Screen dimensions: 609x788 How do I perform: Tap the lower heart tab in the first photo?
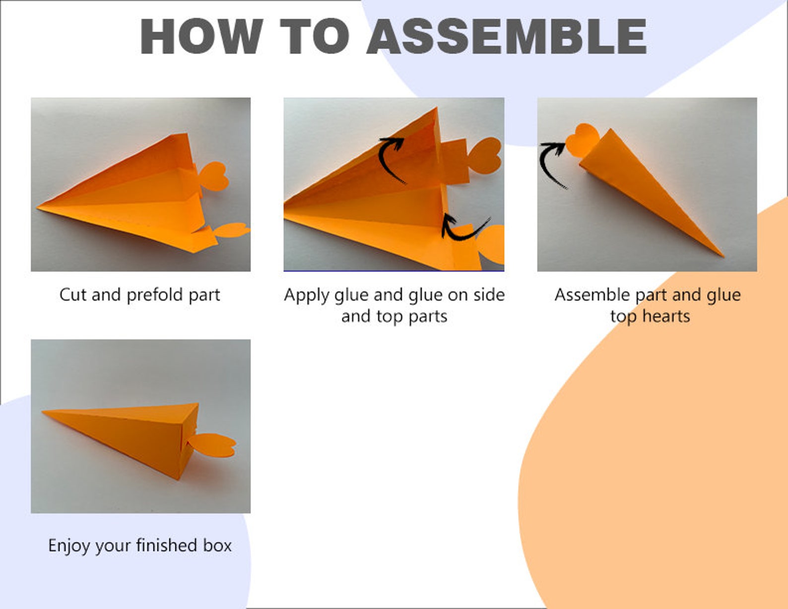point(232,230)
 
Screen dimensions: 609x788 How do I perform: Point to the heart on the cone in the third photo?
point(582,139)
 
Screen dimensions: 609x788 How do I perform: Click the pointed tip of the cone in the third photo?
point(722,255)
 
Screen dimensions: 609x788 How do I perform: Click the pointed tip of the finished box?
point(44,411)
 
